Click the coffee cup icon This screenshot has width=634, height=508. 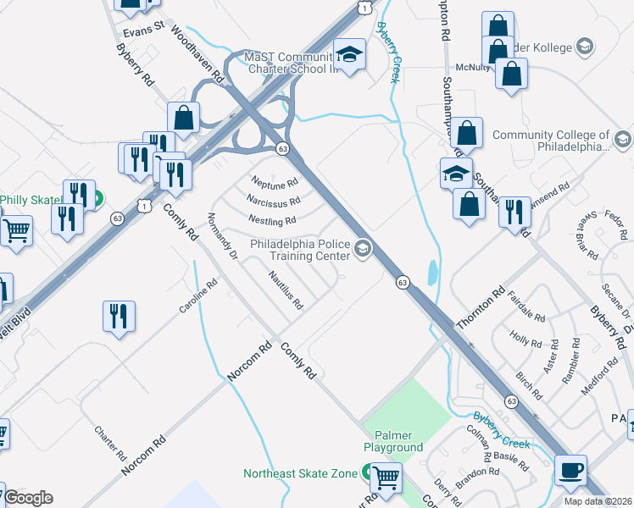point(570,471)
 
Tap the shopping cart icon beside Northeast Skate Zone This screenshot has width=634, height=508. point(387,478)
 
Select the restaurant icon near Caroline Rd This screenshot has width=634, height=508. point(119,317)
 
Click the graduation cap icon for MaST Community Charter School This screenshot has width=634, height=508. point(348,55)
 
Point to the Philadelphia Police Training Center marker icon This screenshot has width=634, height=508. point(363,247)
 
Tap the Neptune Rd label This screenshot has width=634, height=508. point(275,182)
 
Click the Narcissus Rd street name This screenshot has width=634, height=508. point(273,202)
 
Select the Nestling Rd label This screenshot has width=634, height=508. point(272,221)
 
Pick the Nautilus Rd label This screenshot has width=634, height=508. point(285,289)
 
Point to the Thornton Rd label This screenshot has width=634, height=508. point(480,307)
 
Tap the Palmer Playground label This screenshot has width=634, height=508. point(393,440)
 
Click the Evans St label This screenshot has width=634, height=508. point(142,32)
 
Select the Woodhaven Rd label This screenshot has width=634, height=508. point(197,52)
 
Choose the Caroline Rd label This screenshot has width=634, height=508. point(198,298)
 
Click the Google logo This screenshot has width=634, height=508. point(28,498)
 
